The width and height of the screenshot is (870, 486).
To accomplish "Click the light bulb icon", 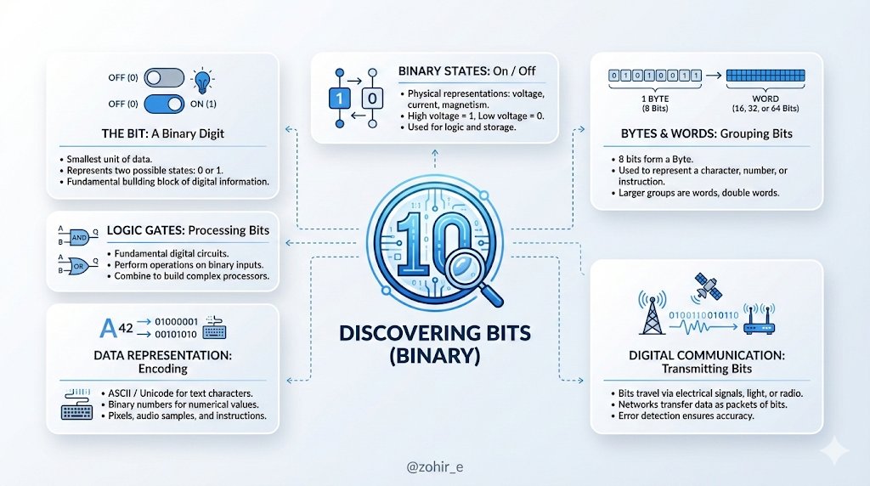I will pyautogui.click(x=203, y=80).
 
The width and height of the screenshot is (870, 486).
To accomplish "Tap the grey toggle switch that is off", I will pyautogui.click(x=164, y=79).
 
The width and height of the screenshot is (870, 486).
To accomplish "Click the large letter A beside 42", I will pyautogui.click(x=108, y=327).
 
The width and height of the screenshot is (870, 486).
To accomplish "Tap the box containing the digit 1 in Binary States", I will pyautogui.click(x=340, y=99).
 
